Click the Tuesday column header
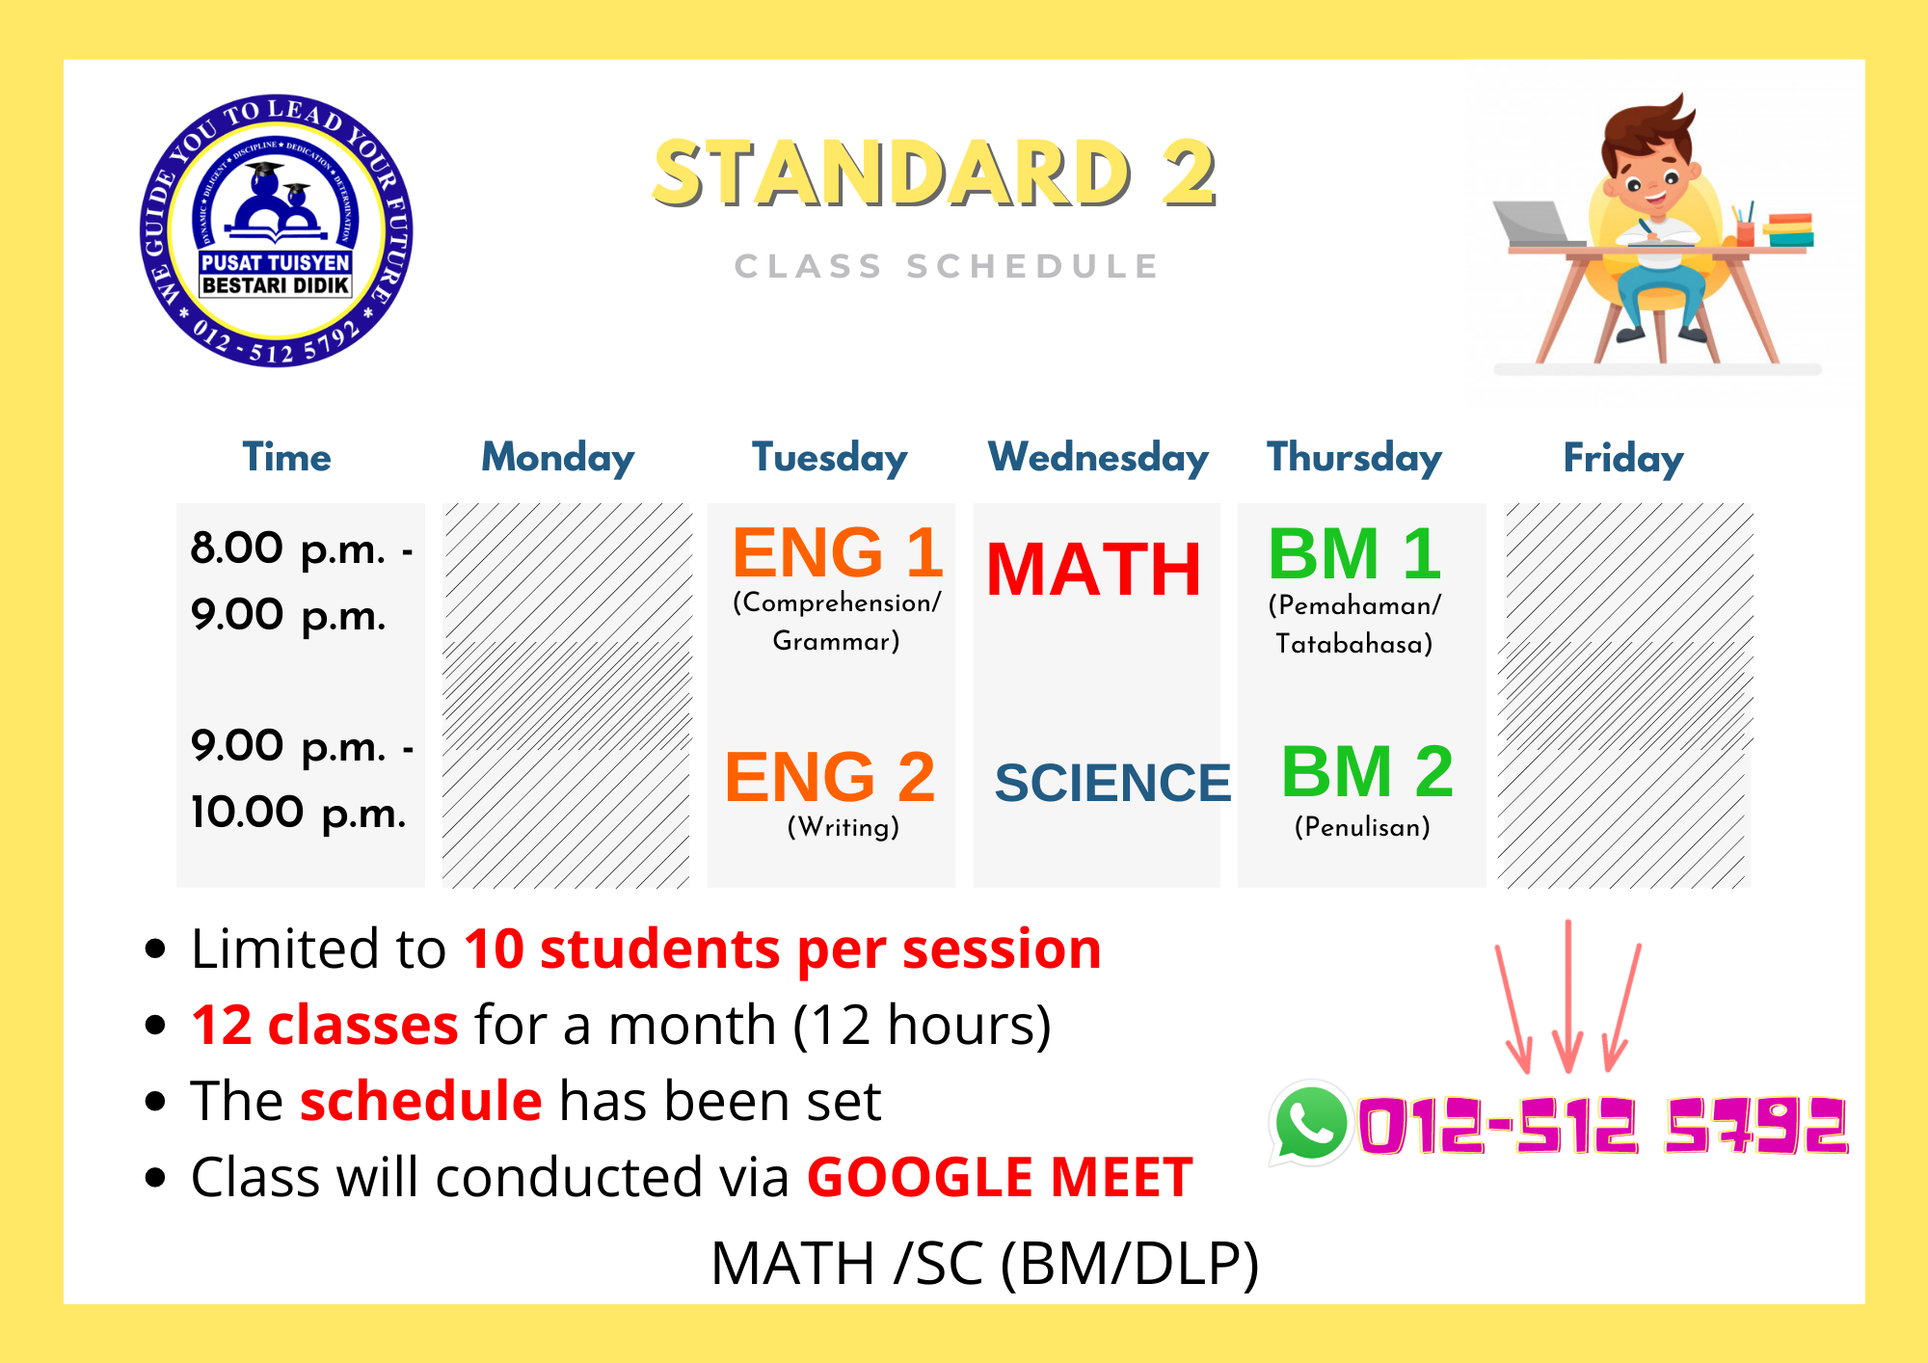[829, 458]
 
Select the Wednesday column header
[1098, 458]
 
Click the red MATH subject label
[1094, 569]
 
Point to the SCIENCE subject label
[1112, 782]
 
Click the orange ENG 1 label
[837, 552]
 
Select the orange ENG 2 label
[829, 777]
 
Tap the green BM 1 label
[1354, 554]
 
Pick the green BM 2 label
[1367, 771]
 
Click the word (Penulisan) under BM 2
[1362, 827]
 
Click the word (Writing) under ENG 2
[843, 827]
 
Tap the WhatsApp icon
[1310, 1123]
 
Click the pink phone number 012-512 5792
[1603, 1125]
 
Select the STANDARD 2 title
[934, 174]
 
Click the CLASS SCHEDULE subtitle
[947, 266]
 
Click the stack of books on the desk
[1788, 230]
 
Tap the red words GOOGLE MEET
[1000, 1177]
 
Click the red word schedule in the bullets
[421, 1101]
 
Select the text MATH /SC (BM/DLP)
[984, 1263]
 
